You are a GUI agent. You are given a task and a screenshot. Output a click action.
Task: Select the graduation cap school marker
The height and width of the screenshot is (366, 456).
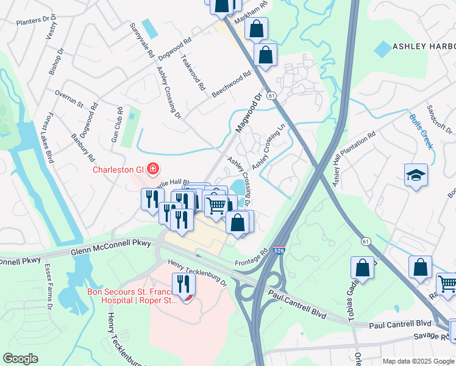416,176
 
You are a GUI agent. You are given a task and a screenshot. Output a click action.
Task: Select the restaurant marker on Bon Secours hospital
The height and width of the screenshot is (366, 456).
183,284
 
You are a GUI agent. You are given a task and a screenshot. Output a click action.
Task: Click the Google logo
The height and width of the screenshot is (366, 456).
21,358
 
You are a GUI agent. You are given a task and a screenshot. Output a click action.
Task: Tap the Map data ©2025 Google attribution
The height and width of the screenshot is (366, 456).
418,361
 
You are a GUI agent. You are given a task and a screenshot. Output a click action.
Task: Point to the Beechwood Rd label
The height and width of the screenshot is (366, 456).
232,84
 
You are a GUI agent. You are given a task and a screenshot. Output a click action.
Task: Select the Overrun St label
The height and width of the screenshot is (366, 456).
69,99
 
